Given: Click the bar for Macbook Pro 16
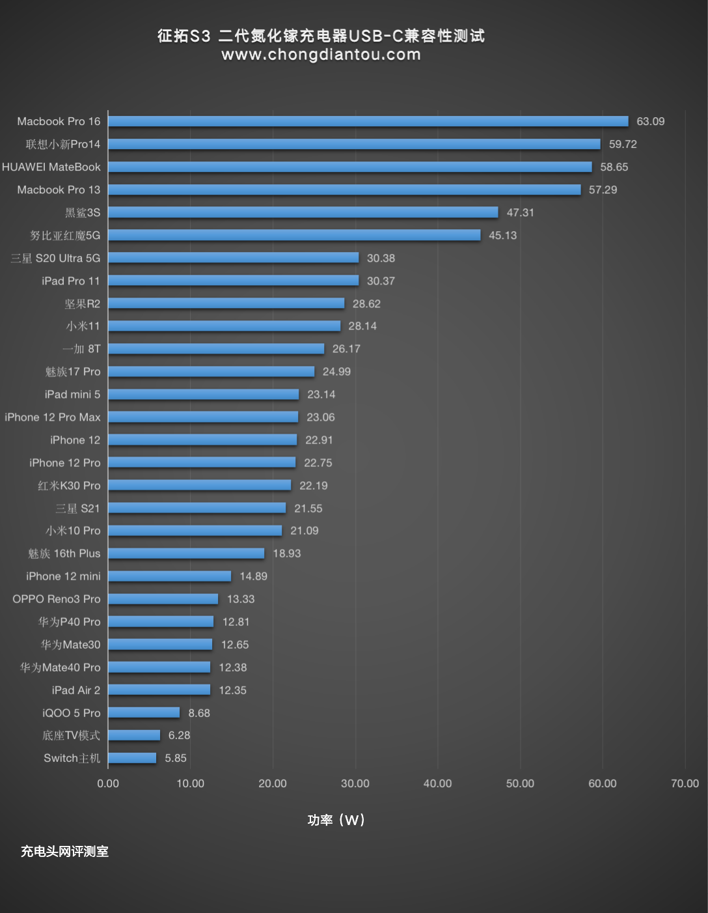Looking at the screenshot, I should point(368,121).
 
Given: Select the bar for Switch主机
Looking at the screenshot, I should point(132,758).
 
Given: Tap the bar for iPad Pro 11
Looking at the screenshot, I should point(233,281).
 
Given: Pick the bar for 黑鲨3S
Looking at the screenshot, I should point(303,212).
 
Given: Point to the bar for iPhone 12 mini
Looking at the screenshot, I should point(169,576).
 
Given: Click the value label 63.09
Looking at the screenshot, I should point(650,121).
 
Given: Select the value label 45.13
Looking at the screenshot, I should point(502,235).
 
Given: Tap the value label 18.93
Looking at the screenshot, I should point(286,554).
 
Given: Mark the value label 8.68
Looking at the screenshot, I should point(198,713).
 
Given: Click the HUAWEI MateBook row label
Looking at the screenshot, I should point(51,167).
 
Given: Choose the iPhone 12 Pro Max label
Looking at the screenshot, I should point(53,417).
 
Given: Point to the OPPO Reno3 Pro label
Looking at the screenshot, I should point(57,599).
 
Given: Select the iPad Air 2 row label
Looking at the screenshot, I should point(76,690).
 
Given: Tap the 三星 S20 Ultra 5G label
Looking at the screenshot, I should point(55,258).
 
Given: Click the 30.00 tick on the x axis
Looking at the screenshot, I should point(355,783).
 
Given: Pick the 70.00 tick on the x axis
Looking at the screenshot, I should point(685,783).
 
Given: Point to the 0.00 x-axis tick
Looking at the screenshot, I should point(108,783).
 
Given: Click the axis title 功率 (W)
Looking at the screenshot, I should point(336,820).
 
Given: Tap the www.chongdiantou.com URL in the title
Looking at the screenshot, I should point(321,55).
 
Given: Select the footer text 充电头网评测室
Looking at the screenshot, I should point(64,851).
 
